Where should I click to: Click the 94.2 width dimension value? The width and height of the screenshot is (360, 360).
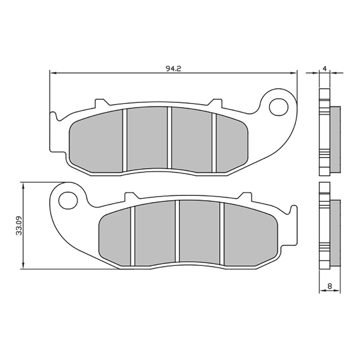pos(173,68)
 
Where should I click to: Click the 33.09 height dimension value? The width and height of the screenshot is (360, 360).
pos(18,226)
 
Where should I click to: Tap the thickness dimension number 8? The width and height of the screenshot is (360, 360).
pos(330,286)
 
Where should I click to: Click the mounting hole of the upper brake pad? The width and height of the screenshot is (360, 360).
pos(279,106)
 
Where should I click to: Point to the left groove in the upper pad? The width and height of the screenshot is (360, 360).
pos(125,140)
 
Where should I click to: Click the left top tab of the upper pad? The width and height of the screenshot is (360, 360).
pos(101,103)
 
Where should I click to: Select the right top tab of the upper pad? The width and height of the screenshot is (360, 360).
pos(217,103)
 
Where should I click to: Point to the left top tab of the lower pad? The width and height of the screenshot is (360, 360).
pos(130,196)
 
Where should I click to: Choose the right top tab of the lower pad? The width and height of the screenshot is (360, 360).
pos(246,196)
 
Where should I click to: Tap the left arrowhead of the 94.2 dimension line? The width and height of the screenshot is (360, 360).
pos(52,72)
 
